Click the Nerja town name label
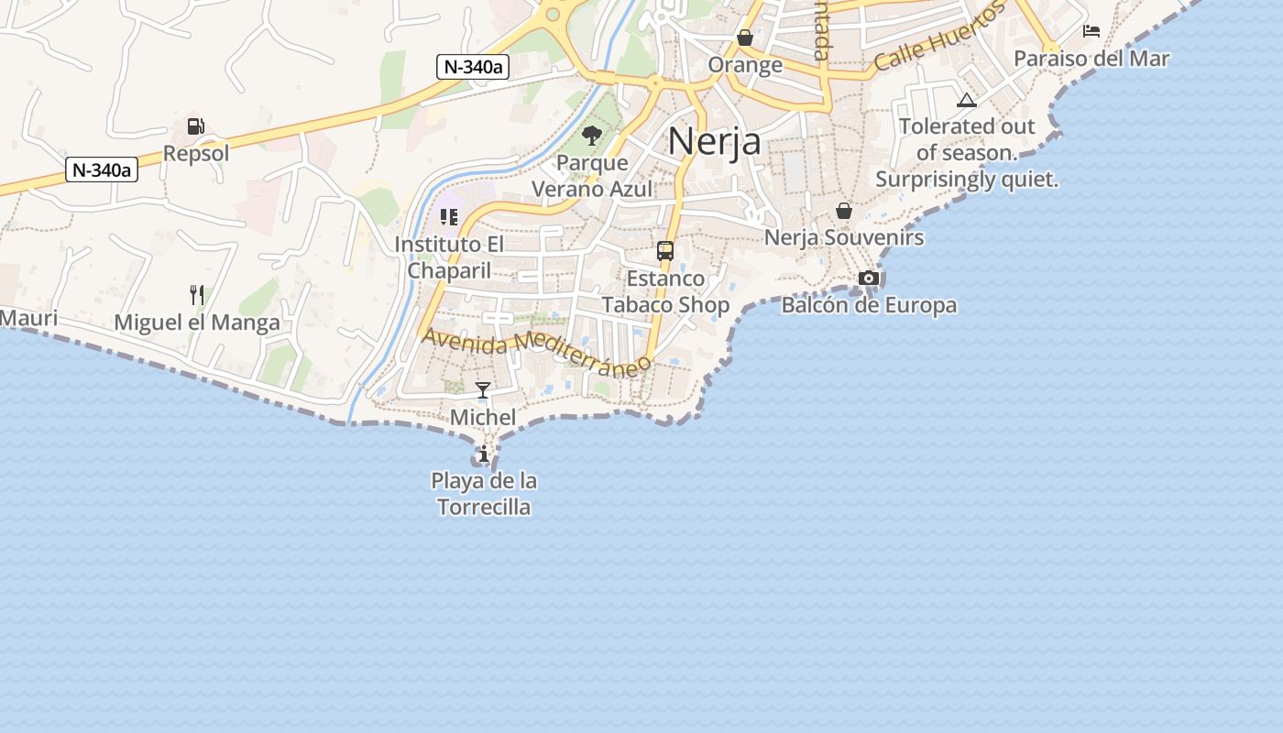tap(714, 141)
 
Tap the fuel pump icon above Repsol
tap(194, 126)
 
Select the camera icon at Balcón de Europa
tap(869, 278)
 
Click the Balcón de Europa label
tap(869, 305)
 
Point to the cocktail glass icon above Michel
tap(483, 390)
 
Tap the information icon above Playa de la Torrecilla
tap(483, 454)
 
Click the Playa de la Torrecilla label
tap(484, 494)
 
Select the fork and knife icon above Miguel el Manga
tap(197, 295)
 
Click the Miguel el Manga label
tap(197, 323)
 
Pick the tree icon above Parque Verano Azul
tap(592, 137)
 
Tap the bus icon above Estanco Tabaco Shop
tap(665, 251)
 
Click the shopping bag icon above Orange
tap(745, 38)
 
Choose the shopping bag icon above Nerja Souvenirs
tap(844, 211)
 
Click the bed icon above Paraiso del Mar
tap(1091, 31)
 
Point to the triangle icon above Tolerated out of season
tap(967, 100)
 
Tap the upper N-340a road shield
tap(472, 66)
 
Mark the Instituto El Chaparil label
tap(449, 257)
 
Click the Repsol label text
tap(196, 153)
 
